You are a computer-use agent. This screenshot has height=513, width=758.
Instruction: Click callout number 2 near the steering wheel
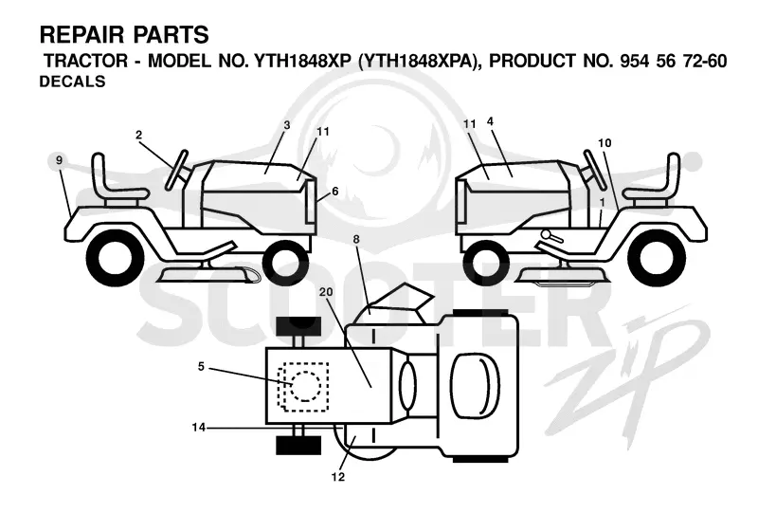point(138,135)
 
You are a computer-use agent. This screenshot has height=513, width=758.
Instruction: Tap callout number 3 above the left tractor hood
point(287,125)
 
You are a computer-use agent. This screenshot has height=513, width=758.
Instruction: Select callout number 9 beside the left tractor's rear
point(59,160)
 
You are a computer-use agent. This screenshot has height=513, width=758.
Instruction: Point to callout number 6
point(335,192)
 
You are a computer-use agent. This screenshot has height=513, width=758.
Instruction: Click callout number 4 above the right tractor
point(490,121)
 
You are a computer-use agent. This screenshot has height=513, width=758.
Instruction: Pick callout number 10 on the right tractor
point(605,143)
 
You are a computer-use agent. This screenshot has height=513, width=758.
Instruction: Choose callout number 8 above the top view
point(356,239)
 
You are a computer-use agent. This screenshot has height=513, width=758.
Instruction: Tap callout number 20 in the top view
point(326,292)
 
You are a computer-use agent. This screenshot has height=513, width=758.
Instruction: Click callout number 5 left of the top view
point(201,366)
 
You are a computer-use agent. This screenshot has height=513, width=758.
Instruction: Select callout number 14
point(199,428)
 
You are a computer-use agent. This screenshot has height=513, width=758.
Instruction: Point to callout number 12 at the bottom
point(338,477)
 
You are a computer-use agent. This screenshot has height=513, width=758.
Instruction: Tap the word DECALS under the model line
point(73,82)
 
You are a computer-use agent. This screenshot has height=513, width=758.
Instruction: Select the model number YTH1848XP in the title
point(302,61)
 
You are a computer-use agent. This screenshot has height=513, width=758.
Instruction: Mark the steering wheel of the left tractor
point(176,170)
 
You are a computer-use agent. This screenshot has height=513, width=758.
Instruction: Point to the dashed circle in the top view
point(304,386)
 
